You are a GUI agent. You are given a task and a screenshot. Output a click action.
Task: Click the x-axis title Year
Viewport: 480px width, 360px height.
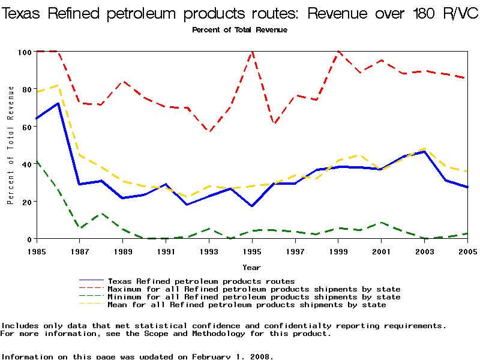coord(251,267)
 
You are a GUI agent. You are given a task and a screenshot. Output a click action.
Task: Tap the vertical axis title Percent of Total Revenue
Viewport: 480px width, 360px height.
coord(11,145)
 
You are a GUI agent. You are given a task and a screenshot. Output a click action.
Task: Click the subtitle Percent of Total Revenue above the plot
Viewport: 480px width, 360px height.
coord(239,30)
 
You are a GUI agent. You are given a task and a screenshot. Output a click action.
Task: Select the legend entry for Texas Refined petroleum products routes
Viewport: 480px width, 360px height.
coord(201,281)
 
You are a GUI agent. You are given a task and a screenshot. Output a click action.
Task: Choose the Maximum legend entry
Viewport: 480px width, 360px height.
coord(254,289)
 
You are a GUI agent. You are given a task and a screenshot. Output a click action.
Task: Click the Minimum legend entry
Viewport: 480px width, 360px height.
coord(254,296)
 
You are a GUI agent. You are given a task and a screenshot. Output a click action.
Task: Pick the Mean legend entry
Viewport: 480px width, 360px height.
coord(247,304)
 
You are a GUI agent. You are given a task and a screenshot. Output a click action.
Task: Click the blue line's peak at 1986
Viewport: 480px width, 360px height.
coord(58,103)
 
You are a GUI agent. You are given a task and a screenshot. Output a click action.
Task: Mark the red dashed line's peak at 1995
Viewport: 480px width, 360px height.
coord(253,52)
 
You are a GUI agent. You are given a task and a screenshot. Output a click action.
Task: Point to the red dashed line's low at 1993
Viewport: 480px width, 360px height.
coord(209,131)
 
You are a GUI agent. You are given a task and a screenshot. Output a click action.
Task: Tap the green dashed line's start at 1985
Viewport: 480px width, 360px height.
coord(37,161)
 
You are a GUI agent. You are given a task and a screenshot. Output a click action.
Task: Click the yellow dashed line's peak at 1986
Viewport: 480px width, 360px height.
coord(58,85)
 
